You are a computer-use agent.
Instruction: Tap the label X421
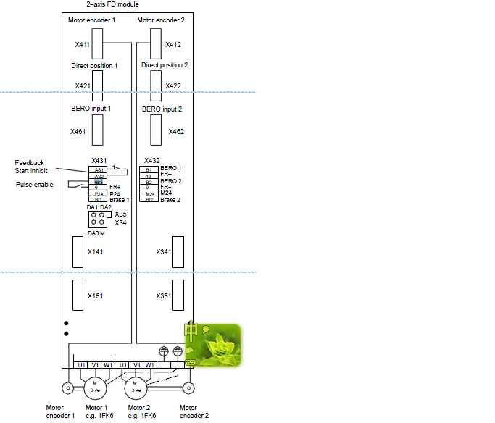coord(83,86)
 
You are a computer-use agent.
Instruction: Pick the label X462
coord(176,132)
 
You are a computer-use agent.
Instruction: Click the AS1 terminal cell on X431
coord(99,169)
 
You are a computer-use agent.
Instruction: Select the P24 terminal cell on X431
coord(99,193)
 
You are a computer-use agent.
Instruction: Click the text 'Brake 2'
coord(170,199)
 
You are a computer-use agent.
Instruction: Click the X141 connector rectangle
coord(77,251)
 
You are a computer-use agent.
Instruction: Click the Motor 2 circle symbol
coord(135,388)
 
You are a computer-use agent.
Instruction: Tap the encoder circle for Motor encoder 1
coord(68,388)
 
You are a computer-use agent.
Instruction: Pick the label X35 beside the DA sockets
coord(120,214)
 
